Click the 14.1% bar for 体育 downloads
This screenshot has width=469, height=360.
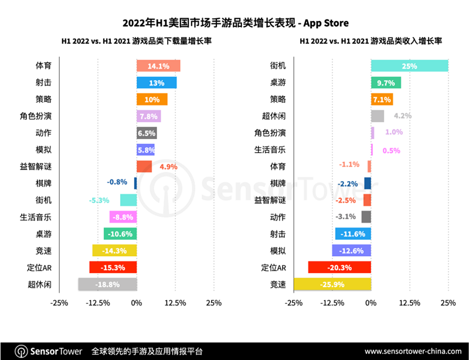tap(158, 66)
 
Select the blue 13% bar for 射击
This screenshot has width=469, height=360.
tap(157, 83)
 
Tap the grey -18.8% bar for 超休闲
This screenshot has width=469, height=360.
tap(107, 284)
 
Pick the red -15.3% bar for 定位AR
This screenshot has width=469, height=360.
tap(113, 267)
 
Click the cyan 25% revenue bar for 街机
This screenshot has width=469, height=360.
tap(409, 66)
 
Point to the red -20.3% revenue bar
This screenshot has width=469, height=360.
tap(339, 267)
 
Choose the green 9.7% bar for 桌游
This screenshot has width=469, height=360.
tap(386, 83)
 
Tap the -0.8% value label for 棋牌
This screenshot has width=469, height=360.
tap(117, 184)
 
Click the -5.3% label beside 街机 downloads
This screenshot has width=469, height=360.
tap(100, 201)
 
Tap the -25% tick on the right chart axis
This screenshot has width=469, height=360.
tap(293, 303)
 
